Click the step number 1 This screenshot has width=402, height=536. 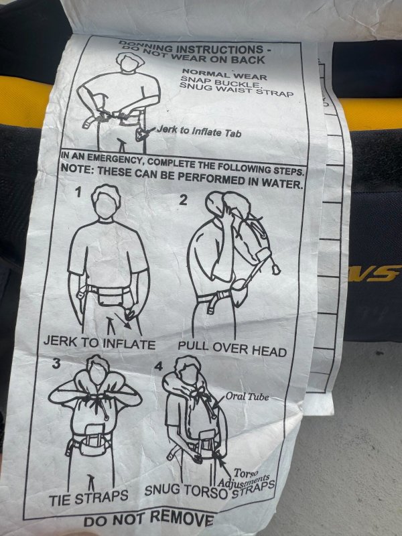pos(78,193)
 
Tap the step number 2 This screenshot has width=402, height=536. pos(184,200)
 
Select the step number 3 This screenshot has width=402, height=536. pos(56,364)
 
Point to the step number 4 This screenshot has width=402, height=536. pos(159,366)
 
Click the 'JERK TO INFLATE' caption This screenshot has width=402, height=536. pos(99,343)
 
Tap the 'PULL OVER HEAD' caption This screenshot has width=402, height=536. pos(232,349)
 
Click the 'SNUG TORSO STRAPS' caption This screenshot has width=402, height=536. pos(210,489)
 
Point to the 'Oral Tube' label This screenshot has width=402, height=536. pos(247,397)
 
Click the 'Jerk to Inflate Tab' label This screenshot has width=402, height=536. pos(199,131)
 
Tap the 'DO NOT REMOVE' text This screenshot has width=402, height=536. pos(149,519)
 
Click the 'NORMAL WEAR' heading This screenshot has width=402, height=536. pos(224,74)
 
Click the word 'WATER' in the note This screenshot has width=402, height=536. pos(282,184)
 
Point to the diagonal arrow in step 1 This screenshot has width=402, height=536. pos(123,320)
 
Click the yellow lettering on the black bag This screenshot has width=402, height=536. pos(375,273)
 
